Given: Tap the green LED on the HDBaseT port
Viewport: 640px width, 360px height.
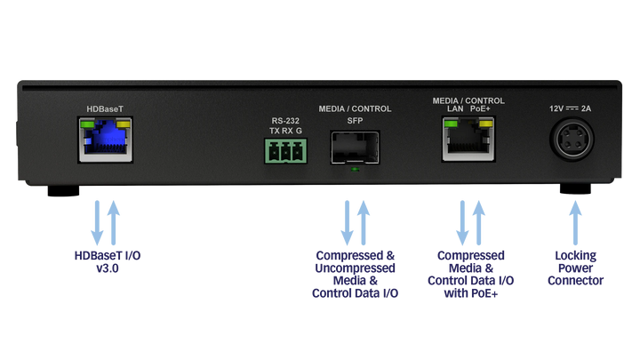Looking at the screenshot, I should (x=87, y=124).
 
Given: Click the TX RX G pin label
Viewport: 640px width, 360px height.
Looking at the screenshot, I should (x=285, y=132).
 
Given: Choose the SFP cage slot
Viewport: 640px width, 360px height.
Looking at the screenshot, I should (x=354, y=147).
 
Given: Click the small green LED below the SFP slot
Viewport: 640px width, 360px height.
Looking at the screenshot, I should (x=355, y=167).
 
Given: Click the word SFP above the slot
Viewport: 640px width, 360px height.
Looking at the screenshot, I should (x=354, y=119).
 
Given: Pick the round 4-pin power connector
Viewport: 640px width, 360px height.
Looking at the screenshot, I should (x=574, y=142).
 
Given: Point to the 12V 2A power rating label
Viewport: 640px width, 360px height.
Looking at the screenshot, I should (x=574, y=108).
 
